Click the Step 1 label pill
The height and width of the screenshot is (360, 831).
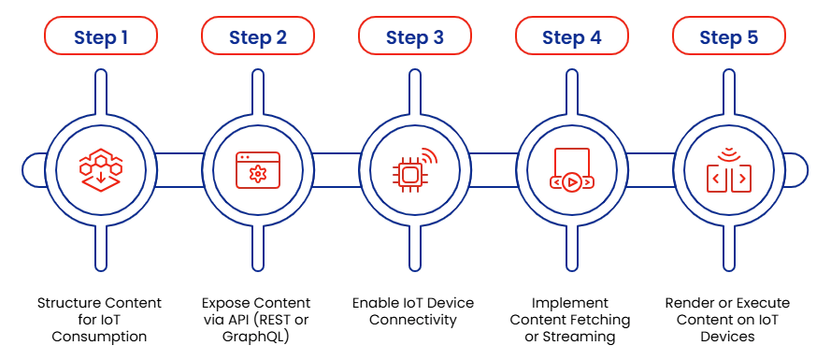click(x=100, y=37)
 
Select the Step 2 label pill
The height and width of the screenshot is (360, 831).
click(x=257, y=37)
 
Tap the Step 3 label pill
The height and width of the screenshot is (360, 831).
click(x=414, y=37)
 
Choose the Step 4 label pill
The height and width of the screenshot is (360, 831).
click(x=571, y=37)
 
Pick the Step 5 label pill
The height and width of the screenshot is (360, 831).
click(x=728, y=37)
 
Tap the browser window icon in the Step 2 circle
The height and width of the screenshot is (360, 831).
click(x=257, y=171)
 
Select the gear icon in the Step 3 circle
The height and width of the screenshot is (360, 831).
click(x=412, y=172)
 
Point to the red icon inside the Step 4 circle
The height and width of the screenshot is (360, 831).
click(x=571, y=170)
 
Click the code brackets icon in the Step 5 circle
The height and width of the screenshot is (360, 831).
click(x=728, y=172)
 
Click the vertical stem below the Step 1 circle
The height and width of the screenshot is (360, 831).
click(x=100, y=250)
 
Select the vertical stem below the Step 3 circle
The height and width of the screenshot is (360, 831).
click(x=414, y=250)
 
